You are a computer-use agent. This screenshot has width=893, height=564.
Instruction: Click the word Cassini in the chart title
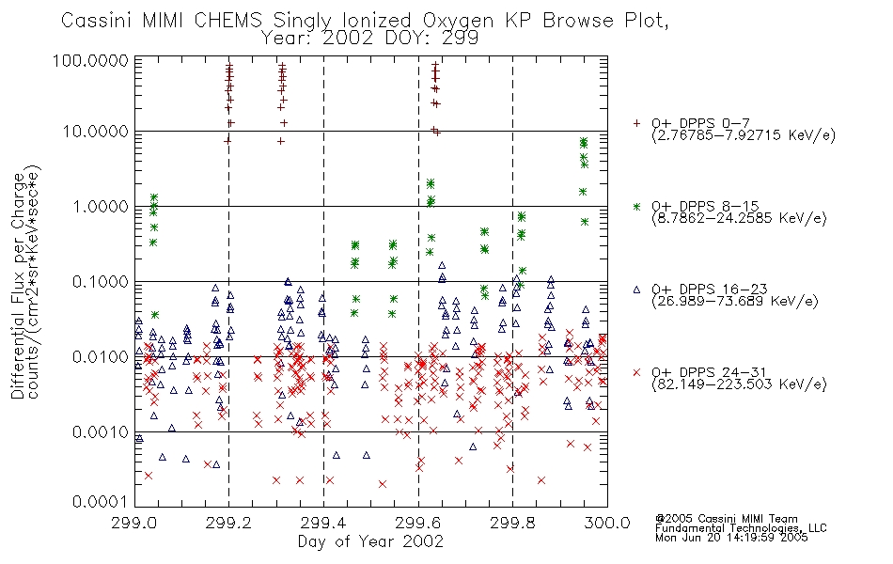pos(97,21)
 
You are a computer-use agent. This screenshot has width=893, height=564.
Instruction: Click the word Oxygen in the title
pos(458,22)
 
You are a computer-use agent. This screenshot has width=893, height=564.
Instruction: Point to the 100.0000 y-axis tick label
pos(90,60)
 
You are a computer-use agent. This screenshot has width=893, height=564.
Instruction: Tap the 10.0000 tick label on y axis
pos(95,132)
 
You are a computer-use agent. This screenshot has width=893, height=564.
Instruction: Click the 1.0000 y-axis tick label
pos(100,206)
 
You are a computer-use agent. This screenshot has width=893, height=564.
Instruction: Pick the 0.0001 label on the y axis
pos(100,502)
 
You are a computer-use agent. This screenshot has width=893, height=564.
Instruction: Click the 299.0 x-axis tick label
pos(134,523)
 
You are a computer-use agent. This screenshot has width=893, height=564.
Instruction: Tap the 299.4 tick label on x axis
pos(323,523)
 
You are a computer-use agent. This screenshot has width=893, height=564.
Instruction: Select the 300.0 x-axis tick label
pos(607,523)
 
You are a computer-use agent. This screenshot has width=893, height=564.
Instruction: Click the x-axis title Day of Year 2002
pos(370,541)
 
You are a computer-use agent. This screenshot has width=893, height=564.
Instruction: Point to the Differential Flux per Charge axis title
pos(18,286)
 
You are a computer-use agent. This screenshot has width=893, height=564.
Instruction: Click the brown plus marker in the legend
pos(636,123)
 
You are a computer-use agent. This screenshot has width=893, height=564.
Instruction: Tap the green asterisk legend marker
pos(636,206)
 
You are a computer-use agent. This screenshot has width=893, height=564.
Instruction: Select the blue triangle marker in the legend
pos(636,290)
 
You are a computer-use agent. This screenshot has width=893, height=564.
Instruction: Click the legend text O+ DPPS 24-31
pos(709,372)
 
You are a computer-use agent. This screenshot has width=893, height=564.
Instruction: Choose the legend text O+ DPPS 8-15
pos(705,206)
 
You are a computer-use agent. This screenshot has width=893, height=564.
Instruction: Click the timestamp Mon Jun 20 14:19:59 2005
pos(731,538)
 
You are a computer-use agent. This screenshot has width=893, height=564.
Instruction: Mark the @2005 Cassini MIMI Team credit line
pos(726,519)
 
